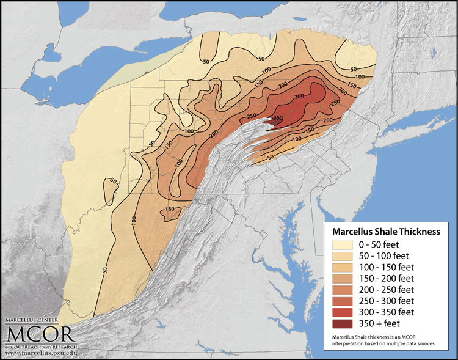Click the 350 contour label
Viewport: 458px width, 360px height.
coord(277,117)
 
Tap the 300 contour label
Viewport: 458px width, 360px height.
coord(299,97)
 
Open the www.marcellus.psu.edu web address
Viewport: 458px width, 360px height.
coord(42,353)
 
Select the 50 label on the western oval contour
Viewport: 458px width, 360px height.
coord(112,182)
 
